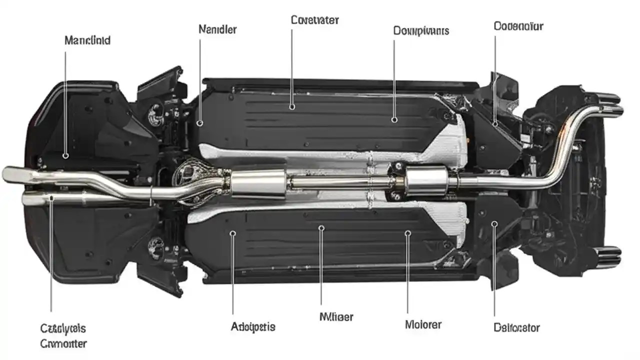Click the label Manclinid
tap(87, 40)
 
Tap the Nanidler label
tap(217, 29)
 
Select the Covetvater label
tap(314, 20)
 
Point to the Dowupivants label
tap(421, 30)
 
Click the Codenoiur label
tap(518, 25)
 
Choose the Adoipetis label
tap(253, 327)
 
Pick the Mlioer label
tap(336, 316)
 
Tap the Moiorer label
tap(422, 324)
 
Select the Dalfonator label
tap(516, 328)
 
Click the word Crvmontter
tap(63, 343)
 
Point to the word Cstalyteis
tap(63, 328)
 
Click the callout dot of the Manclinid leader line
tap(65, 156)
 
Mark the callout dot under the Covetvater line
tap(292, 106)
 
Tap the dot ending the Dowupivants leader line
tap(394, 120)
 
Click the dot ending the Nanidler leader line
tap(200, 122)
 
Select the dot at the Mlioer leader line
tap(321, 228)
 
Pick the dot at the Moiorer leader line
tap(407, 233)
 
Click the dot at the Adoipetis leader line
tap(233, 233)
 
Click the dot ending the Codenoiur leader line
tap(495, 123)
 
